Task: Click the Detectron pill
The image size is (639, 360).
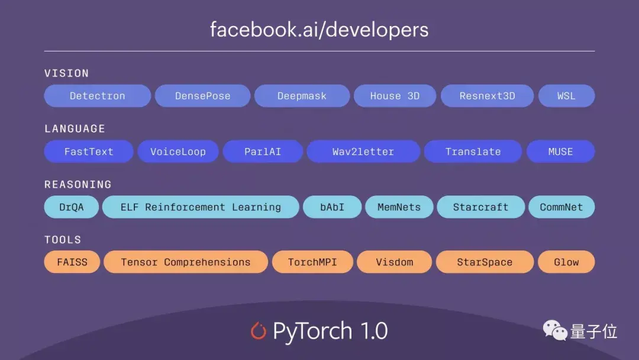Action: [x=97, y=96]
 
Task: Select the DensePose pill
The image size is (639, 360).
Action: [x=202, y=96]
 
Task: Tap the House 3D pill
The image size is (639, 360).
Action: [x=395, y=96]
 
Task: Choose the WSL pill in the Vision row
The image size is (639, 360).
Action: [x=566, y=96]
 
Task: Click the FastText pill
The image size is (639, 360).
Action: [x=89, y=152]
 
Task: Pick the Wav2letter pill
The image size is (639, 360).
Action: [x=363, y=152]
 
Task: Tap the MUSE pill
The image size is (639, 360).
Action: [x=560, y=152]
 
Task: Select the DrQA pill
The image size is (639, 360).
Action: [x=72, y=207]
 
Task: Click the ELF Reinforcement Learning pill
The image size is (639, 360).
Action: [x=201, y=207]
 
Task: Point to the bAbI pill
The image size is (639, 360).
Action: [x=332, y=207]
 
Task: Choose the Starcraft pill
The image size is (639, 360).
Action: [x=480, y=207]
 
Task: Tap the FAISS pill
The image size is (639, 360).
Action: [x=72, y=262]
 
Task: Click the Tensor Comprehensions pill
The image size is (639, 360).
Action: [x=186, y=262]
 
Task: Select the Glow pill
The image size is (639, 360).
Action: [x=566, y=262]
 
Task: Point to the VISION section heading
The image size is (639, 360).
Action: [x=66, y=73]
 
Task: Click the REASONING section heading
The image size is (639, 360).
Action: [x=78, y=184]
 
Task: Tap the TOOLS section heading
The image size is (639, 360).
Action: [x=63, y=240]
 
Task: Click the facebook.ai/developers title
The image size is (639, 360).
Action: [x=319, y=29]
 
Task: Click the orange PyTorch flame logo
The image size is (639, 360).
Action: [x=259, y=330]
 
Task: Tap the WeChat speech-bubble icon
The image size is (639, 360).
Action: [x=555, y=331]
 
